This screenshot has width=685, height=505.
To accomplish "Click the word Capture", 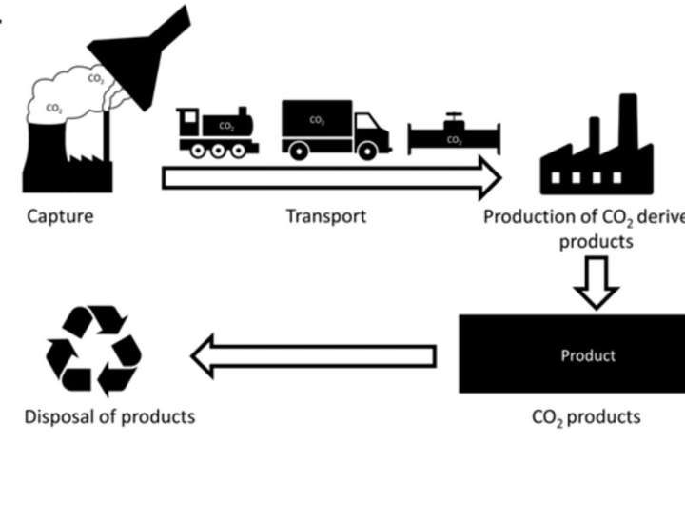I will coord(60,216).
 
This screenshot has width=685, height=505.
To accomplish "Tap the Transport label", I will coord(325,216).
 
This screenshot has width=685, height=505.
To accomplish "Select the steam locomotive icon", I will coord(218,132).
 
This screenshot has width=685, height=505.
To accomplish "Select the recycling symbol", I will coord(94,351).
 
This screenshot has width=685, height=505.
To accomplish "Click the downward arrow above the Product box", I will coord(597,282).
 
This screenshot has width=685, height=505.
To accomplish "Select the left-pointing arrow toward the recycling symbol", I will coord(314,356).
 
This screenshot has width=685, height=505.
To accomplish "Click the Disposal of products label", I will coord(109,416).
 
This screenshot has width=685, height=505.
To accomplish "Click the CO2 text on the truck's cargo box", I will coord(316,121).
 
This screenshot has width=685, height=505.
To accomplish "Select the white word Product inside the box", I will coord(587,355).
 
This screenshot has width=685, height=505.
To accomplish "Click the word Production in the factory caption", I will coord(527,216).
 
